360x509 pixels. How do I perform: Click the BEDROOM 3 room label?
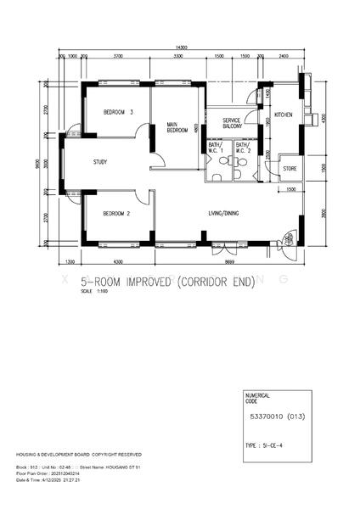tap(119, 113)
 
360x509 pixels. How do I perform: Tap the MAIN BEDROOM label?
tap(177, 127)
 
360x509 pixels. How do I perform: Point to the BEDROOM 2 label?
tap(115, 214)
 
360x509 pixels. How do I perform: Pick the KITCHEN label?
tap(284, 114)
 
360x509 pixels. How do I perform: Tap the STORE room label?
tap(290, 169)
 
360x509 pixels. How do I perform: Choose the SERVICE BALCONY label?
tap(233, 125)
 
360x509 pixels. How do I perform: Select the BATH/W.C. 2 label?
tap(243, 149)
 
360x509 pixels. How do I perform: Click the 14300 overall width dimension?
tap(181, 46)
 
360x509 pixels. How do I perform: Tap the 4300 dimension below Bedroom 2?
tap(118, 262)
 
